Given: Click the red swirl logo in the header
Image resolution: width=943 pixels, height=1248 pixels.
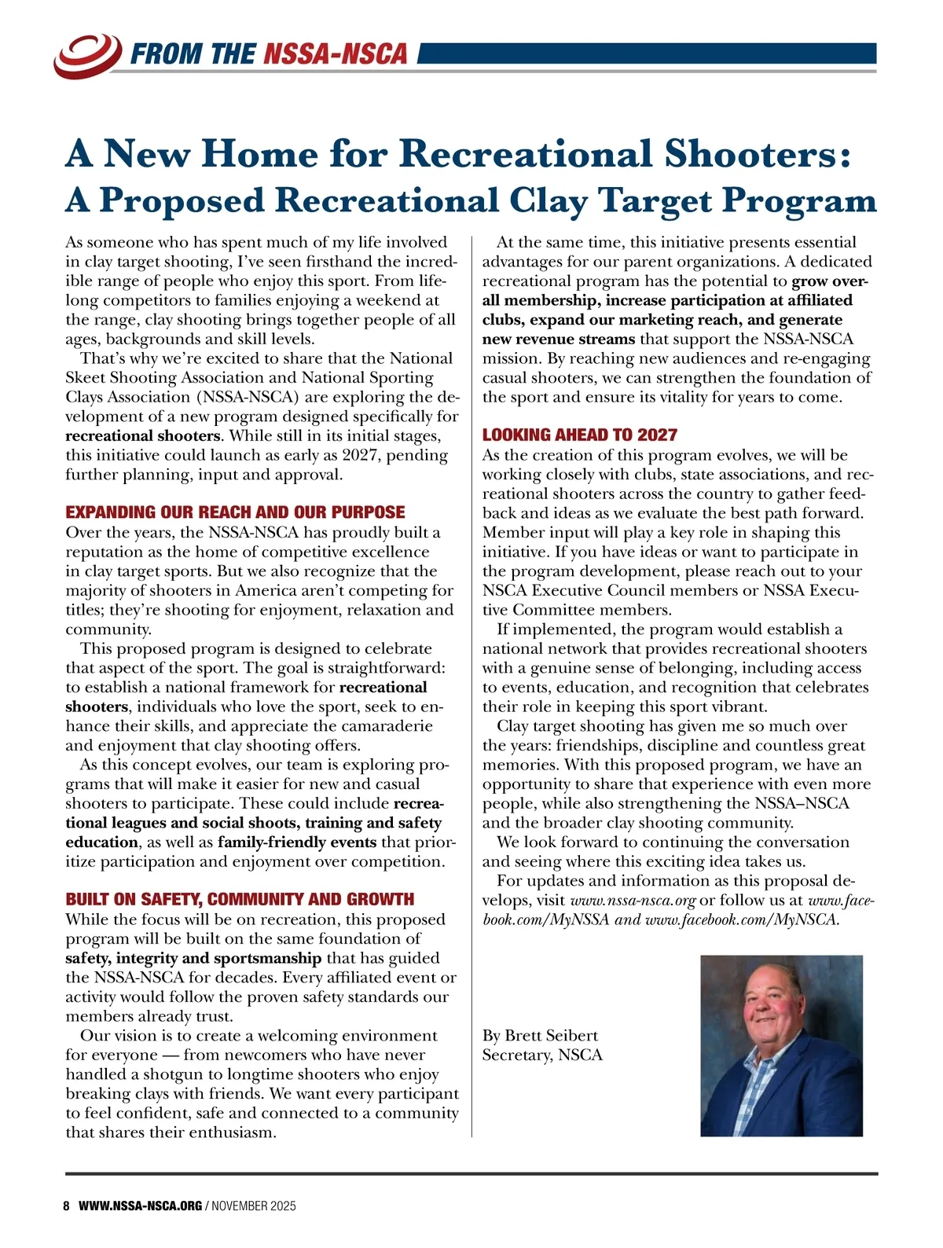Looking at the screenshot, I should tap(86, 53).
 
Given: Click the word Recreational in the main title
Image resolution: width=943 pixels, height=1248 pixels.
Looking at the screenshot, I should tap(526, 153).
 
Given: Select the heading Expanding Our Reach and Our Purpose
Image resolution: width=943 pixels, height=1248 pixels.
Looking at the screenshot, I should tap(235, 512).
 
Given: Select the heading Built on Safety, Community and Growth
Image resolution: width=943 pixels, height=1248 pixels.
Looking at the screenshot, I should tap(240, 899).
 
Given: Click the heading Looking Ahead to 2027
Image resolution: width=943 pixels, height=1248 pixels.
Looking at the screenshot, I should tap(579, 435).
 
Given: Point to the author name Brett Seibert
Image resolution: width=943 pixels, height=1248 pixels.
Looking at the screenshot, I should tap(551, 1035).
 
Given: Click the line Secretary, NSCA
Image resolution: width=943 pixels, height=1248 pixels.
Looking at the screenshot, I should tap(542, 1055).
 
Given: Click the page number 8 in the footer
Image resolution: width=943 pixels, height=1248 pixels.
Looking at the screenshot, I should tap(67, 1206).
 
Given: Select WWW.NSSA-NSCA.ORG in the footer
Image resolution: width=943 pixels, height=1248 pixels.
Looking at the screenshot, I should tap(140, 1206).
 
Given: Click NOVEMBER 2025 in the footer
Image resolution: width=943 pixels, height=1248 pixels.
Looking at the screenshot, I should tap(254, 1206).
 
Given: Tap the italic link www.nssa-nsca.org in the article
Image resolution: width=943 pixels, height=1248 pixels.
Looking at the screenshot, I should tap(633, 900).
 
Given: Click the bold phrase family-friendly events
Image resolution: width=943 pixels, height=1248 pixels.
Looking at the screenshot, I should tap(297, 842).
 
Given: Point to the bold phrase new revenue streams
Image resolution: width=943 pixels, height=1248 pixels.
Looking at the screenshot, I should tap(559, 339).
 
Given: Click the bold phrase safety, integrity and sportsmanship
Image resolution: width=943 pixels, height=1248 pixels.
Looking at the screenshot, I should tap(193, 958).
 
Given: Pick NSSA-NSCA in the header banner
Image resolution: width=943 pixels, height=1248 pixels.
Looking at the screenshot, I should tap(336, 53).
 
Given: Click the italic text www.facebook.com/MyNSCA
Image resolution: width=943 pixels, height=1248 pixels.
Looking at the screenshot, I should tap(741, 919).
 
